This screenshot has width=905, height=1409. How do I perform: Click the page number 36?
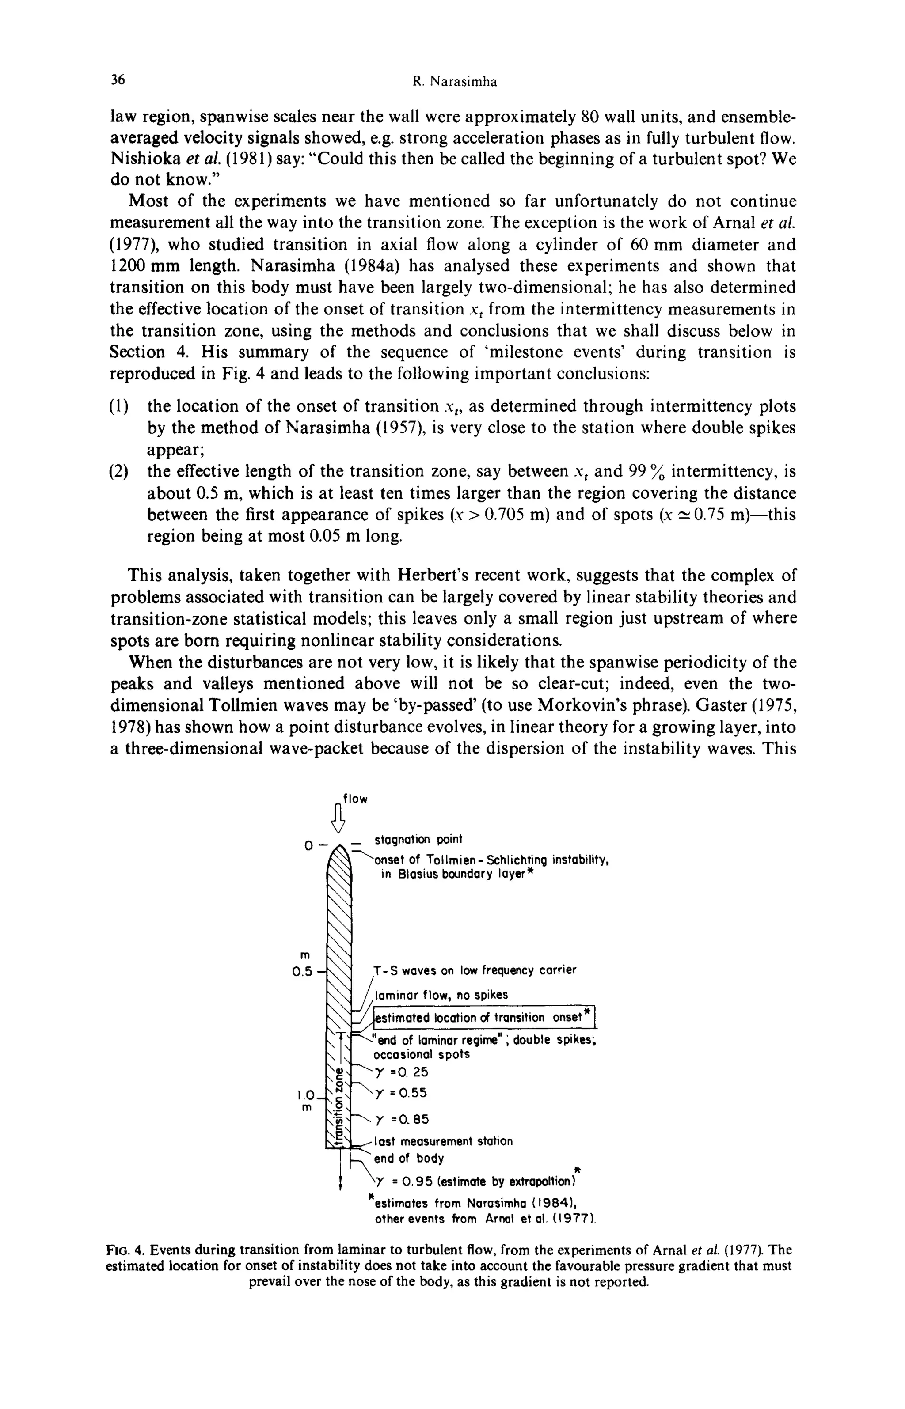(x=118, y=80)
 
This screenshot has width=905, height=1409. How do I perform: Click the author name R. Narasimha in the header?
(x=454, y=82)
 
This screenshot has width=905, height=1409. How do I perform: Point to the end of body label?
(x=409, y=1158)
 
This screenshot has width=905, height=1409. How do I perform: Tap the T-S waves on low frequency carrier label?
(x=475, y=970)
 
